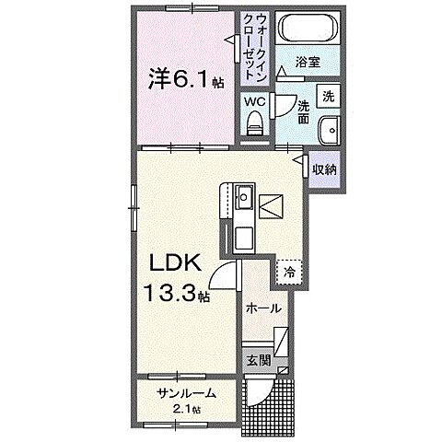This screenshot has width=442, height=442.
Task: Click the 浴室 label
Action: coord(308,63)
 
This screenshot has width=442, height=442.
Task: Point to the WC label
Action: coord(253,101)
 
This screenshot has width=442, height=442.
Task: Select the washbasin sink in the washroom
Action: coord(329,129)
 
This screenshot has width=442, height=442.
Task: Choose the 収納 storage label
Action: coord(323,169)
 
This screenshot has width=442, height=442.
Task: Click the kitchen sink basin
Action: coord(243,198)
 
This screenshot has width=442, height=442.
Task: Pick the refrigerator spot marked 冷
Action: coord(289,272)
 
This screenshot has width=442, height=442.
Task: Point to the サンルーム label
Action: coord(186,393)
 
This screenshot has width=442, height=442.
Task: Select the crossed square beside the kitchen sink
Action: coord(272,204)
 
